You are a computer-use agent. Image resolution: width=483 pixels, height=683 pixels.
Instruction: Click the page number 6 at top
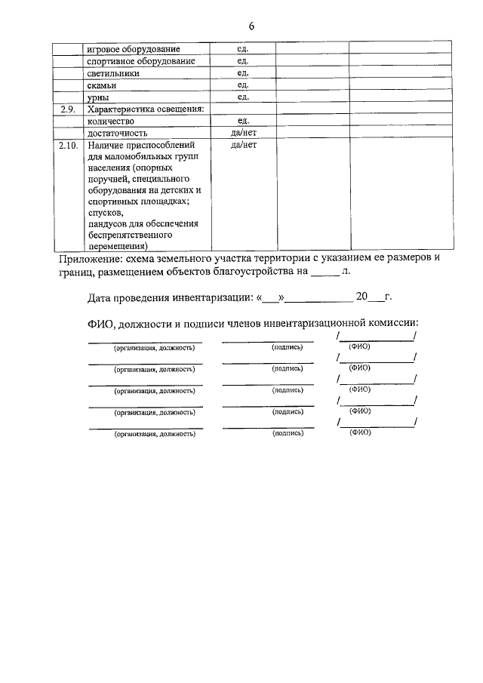[x=251, y=26]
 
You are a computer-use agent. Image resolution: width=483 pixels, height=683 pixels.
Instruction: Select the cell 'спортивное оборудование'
[x=141, y=61]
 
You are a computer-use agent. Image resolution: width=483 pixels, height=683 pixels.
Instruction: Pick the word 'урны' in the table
[x=98, y=97]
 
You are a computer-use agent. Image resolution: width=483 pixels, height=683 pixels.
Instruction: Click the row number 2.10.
[x=69, y=145]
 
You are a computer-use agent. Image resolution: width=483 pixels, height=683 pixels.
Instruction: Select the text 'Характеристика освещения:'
[x=146, y=109]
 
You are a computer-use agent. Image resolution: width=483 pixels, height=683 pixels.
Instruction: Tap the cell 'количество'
[x=111, y=121]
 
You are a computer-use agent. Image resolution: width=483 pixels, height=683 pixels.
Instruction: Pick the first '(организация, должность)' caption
[x=154, y=349]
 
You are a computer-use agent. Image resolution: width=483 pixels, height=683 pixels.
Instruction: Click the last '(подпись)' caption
[x=287, y=434]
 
